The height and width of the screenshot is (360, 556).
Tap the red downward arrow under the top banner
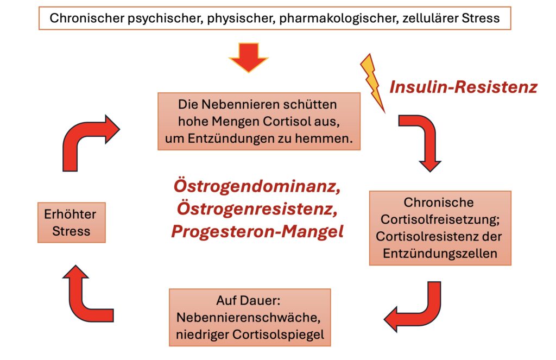pyautogui.click(x=248, y=56)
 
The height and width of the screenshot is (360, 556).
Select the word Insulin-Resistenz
pyautogui.click(x=463, y=87)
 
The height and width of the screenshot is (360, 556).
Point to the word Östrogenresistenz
pyautogui.click(x=257, y=209)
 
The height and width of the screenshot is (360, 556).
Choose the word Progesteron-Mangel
pyautogui.click(x=257, y=231)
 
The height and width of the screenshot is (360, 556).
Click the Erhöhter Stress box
pyautogui.click(x=71, y=223)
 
